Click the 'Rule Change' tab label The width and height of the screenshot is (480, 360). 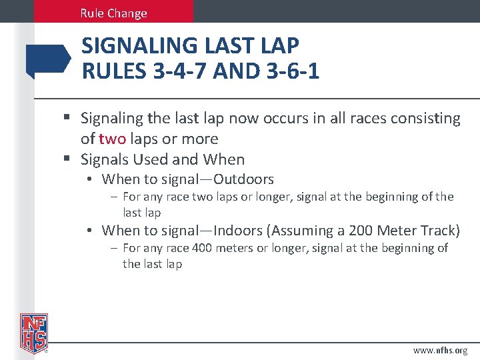[x=113, y=13]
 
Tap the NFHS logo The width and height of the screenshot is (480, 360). [x=33, y=333]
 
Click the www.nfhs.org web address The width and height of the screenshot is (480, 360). [x=440, y=350]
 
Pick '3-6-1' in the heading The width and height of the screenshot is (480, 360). [x=290, y=71]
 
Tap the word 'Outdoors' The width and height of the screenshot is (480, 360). [x=243, y=179]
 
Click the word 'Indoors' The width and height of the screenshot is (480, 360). [x=237, y=231]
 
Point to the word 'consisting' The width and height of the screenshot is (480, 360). [x=427, y=119]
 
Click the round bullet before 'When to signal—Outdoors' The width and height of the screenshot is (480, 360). [x=89, y=179]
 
